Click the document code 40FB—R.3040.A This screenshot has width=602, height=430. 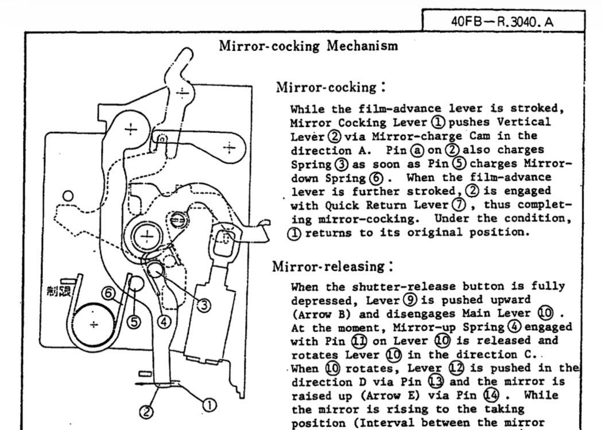503,21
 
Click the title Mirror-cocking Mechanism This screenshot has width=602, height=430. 308,46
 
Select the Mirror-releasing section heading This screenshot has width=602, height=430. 332,266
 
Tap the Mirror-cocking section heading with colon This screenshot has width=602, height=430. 331,87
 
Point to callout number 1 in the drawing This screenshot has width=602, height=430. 209,405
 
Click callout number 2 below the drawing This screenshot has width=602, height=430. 146,412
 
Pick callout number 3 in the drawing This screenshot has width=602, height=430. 204,306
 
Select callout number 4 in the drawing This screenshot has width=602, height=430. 164,322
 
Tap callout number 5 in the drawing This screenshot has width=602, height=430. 134,322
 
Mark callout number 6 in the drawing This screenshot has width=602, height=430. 108,294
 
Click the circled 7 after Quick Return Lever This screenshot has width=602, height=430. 459,205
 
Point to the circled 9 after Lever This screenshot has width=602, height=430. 411,300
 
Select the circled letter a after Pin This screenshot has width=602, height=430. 417,150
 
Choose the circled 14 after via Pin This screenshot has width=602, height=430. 491,395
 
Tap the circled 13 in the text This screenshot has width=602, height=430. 436,382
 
